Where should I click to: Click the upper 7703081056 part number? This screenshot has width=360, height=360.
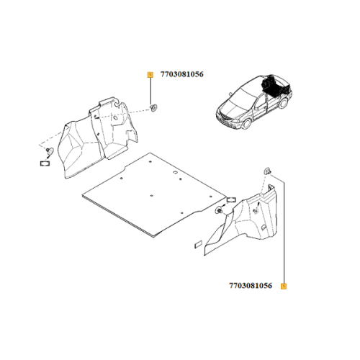[x=182, y=74]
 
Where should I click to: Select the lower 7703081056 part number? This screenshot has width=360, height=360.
[x=251, y=286]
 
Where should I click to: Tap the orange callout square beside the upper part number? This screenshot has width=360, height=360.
[x=150, y=75]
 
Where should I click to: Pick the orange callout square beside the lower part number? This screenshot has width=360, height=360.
[x=284, y=286]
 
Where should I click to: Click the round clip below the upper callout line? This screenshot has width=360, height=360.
[x=153, y=107]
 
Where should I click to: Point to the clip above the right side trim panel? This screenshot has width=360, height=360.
[x=267, y=171]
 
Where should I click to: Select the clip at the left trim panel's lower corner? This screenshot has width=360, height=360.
[x=50, y=151]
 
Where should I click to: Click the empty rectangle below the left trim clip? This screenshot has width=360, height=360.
[x=45, y=163]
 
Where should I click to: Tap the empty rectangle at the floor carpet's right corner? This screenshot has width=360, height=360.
[x=231, y=199]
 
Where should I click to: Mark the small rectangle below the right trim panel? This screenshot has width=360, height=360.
[x=199, y=245]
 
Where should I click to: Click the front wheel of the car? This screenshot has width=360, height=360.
[x=246, y=124]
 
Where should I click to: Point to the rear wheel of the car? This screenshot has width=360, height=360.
[x=284, y=103]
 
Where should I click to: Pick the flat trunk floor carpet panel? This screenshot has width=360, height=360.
[x=154, y=195]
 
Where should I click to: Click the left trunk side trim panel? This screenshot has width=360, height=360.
[x=98, y=138]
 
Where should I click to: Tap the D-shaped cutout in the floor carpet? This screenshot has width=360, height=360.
[x=175, y=173]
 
